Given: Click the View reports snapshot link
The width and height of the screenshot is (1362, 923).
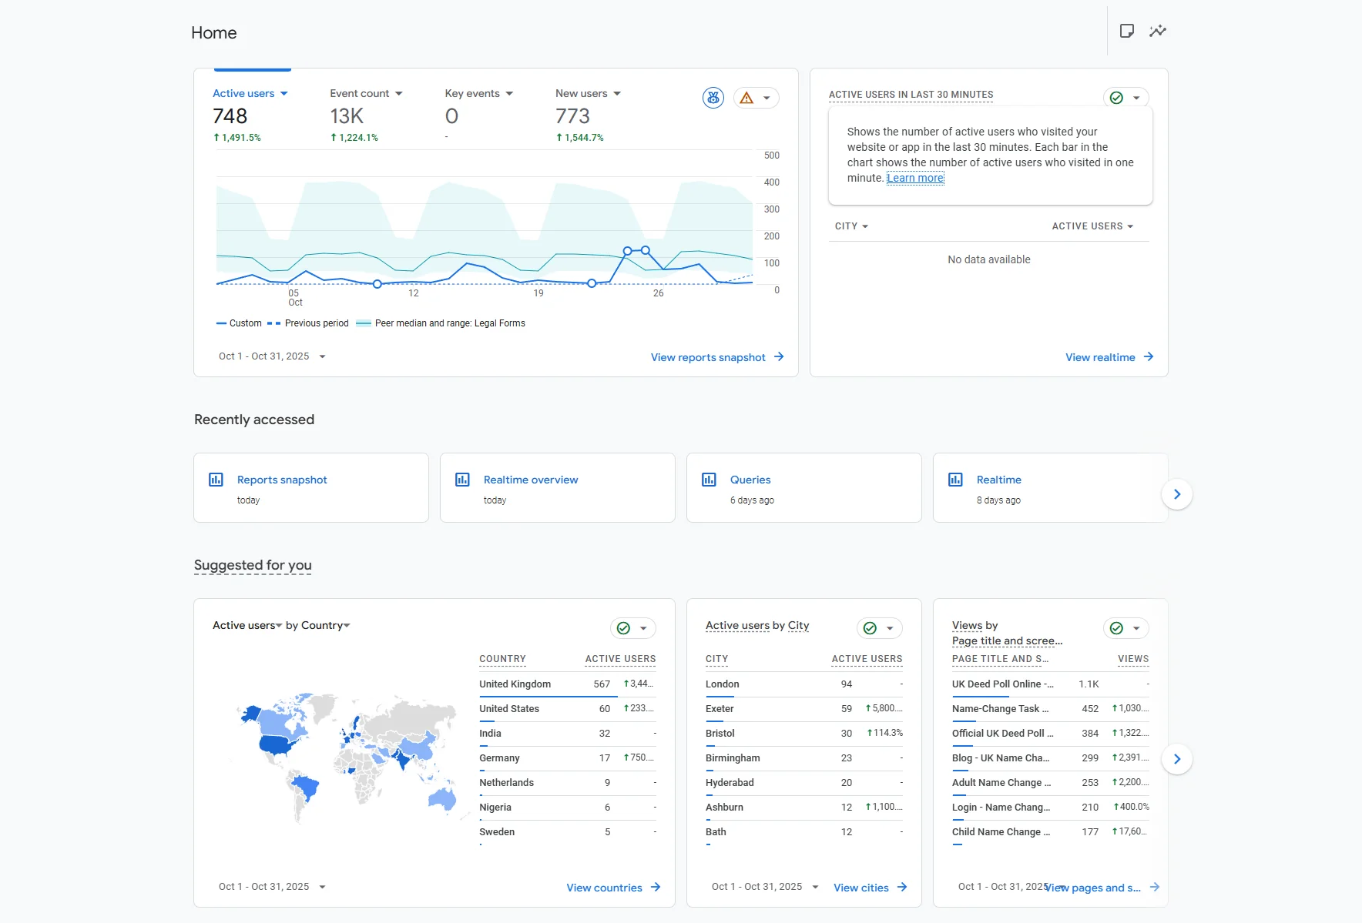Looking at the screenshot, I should (x=708, y=357).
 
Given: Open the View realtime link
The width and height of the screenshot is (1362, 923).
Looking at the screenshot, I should (x=1100, y=357).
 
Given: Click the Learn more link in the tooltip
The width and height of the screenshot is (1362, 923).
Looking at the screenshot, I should (x=915, y=178).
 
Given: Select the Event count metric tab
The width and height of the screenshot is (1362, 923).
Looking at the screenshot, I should (x=360, y=93).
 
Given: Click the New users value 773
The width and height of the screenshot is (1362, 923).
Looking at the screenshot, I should (x=572, y=116).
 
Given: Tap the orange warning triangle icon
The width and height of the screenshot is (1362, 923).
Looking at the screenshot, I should (x=746, y=98).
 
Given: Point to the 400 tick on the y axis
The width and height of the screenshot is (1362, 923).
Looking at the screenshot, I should (x=771, y=182).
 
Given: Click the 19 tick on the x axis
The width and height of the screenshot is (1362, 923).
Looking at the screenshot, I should (x=538, y=293).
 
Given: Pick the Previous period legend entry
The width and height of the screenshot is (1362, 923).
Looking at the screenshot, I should (x=316, y=323).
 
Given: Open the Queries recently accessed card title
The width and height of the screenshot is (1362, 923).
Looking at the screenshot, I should (x=750, y=480).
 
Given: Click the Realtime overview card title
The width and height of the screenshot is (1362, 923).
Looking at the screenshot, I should (x=531, y=480).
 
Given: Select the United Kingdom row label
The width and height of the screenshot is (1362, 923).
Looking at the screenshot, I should (x=515, y=684).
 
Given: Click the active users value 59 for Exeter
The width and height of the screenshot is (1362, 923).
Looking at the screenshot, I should (x=846, y=708).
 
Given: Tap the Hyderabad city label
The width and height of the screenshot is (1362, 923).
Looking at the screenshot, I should (x=730, y=782).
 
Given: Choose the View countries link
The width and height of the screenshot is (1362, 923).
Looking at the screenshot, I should (x=604, y=888).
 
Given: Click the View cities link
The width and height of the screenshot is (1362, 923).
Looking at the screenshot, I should (x=861, y=888).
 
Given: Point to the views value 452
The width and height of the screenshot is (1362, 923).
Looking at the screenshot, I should (x=1089, y=708).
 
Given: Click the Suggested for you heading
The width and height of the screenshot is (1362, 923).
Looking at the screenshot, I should (x=253, y=565).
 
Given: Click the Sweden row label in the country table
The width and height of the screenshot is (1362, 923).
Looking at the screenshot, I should (x=497, y=831).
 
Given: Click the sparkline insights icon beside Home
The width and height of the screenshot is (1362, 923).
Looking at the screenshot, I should (x=1157, y=31).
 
